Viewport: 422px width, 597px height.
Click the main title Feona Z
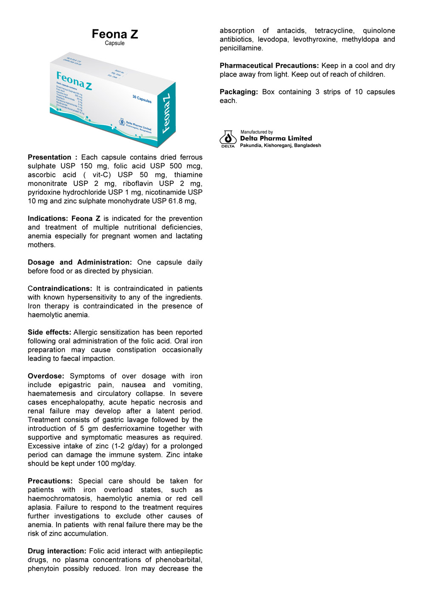[x=115, y=34]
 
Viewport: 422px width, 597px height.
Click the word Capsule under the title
[x=115, y=43]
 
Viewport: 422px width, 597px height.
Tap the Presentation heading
[x=50, y=157]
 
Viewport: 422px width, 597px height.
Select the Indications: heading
[x=48, y=219]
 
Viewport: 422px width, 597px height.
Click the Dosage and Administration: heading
[x=80, y=263]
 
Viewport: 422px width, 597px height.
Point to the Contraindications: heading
[x=60, y=289]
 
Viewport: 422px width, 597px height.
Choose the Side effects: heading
[x=49, y=332]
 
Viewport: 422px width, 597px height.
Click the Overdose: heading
[x=46, y=376]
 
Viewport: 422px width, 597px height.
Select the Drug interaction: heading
[x=57, y=551]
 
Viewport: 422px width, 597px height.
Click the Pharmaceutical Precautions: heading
[x=269, y=66]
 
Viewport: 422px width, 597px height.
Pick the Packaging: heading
[x=239, y=92]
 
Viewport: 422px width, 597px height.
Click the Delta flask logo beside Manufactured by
[x=228, y=138]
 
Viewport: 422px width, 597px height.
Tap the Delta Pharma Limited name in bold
[x=276, y=138]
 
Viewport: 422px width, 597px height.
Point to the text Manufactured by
[x=257, y=132]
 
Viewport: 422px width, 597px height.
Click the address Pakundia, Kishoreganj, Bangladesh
[x=280, y=146]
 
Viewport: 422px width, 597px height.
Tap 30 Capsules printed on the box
[x=142, y=99]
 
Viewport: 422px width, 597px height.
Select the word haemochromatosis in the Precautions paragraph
[x=60, y=499]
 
